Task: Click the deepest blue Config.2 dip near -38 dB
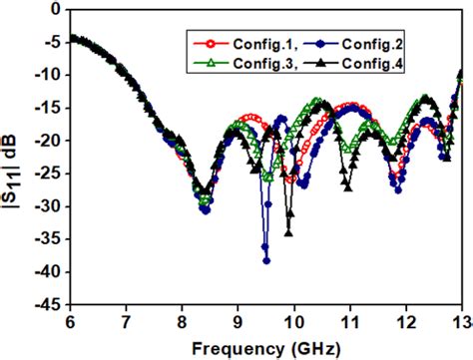(x=266, y=260)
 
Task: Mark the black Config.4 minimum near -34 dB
(x=288, y=233)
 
